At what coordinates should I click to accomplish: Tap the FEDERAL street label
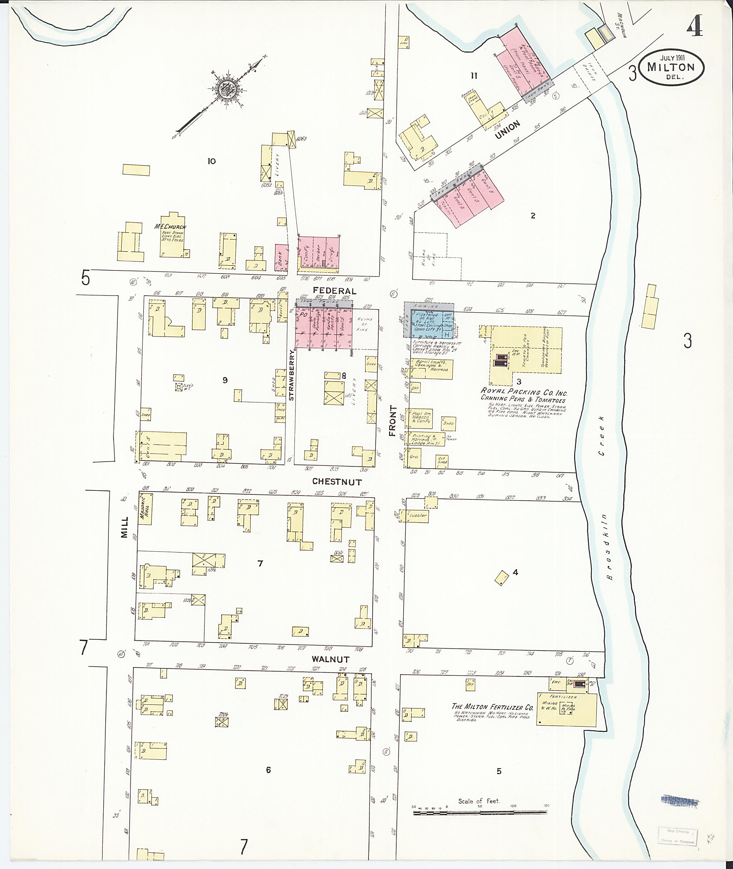pos(335,291)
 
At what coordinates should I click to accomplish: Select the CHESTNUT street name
pos(337,482)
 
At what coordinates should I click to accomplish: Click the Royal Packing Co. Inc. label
pos(524,392)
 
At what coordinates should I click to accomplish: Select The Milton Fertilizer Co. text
pos(492,707)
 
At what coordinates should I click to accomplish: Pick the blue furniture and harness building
pos(429,325)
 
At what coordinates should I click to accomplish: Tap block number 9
pos(225,380)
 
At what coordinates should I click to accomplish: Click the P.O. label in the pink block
pos(304,315)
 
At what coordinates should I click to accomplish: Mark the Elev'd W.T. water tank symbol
pos(179,387)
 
